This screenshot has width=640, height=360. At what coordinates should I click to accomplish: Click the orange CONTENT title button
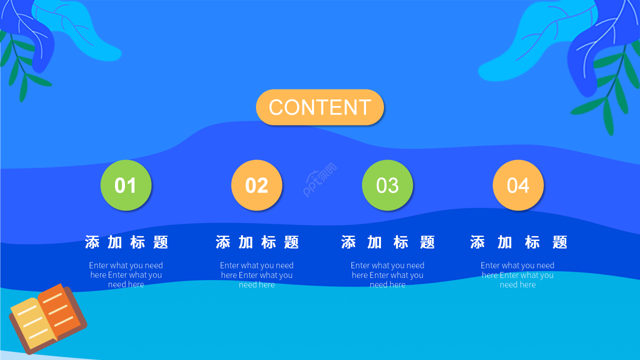pos(320,107)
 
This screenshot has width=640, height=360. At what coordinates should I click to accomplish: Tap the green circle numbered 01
pos(126,185)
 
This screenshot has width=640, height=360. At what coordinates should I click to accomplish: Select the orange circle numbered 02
pos(256,185)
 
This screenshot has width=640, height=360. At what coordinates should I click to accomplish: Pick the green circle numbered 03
pos(387,185)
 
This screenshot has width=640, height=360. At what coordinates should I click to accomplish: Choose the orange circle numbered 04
pos(518,185)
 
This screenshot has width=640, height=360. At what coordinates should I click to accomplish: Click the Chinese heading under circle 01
pos(126,242)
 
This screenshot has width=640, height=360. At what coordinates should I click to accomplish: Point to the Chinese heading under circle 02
pos(257,242)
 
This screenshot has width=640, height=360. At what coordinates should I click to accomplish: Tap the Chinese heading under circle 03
pos(387,242)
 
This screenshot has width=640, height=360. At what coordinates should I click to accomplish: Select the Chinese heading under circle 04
pos(518,242)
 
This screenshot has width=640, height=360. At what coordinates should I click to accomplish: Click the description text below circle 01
pos(126,275)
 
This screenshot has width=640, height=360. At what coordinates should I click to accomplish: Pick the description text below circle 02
pos(257,275)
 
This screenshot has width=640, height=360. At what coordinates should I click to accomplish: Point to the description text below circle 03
pos(387,275)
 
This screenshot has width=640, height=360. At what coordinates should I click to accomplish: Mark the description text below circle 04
pos(518,275)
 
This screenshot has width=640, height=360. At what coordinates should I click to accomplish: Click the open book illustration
pos(47,318)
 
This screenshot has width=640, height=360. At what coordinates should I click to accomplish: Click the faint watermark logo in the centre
pos(320,180)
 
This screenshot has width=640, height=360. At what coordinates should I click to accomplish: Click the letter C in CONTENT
pos(276,107)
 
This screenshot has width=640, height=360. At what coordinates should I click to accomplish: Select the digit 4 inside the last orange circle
pos(523,185)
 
